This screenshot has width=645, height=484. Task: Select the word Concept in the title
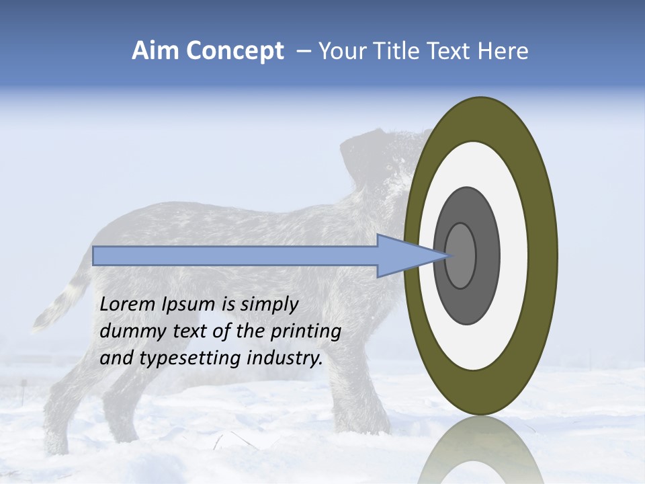(x=234, y=52)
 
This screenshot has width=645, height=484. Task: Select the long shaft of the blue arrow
(x=235, y=255)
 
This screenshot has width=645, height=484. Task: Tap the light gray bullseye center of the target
(x=460, y=255)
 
